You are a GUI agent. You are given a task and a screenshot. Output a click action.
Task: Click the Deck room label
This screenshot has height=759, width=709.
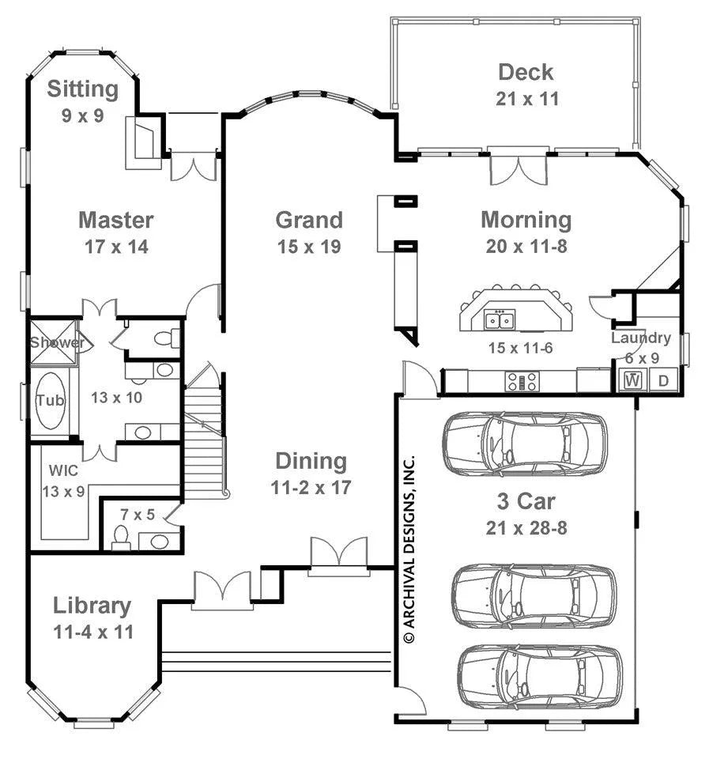[x=526, y=73]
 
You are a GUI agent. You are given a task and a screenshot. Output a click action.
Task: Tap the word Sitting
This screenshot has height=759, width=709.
[x=83, y=89]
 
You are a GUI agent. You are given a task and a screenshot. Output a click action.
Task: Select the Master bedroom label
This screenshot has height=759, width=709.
[x=116, y=221]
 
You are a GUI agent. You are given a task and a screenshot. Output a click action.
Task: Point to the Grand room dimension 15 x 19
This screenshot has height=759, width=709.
[x=309, y=247]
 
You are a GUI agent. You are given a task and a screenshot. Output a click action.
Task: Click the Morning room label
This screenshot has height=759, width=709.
[x=526, y=221]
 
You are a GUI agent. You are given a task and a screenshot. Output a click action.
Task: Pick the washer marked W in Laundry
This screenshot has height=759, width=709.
[x=633, y=380]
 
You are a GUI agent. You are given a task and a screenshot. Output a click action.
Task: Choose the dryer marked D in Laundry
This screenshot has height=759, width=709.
[x=663, y=380]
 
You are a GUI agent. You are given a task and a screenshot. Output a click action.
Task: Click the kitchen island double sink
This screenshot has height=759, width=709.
[x=500, y=320]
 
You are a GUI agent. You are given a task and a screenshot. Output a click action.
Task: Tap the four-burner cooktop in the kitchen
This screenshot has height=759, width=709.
[x=522, y=381]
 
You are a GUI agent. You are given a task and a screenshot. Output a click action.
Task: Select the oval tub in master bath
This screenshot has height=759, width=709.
[x=51, y=401]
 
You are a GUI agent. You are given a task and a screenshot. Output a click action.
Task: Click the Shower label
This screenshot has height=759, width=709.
[x=58, y=342]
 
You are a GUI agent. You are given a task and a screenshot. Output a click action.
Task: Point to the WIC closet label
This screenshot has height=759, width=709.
[x=63, y=470]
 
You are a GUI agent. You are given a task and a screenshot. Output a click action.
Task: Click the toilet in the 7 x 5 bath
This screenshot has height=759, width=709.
[x=120, y=538]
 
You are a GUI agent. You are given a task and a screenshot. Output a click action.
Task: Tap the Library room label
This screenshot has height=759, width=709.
[x=92, y=606]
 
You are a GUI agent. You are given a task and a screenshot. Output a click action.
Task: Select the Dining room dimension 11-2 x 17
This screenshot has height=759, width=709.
[x=311, y=488]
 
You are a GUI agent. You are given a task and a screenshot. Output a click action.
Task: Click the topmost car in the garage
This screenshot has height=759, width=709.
[x=525, y=442]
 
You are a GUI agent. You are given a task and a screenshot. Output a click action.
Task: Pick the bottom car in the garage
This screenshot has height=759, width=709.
[x=540, y=676]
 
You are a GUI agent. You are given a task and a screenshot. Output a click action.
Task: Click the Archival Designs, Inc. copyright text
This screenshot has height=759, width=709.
[x=409, y=549]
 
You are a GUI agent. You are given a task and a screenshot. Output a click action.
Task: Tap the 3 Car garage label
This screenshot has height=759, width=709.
[x=526, y=501]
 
